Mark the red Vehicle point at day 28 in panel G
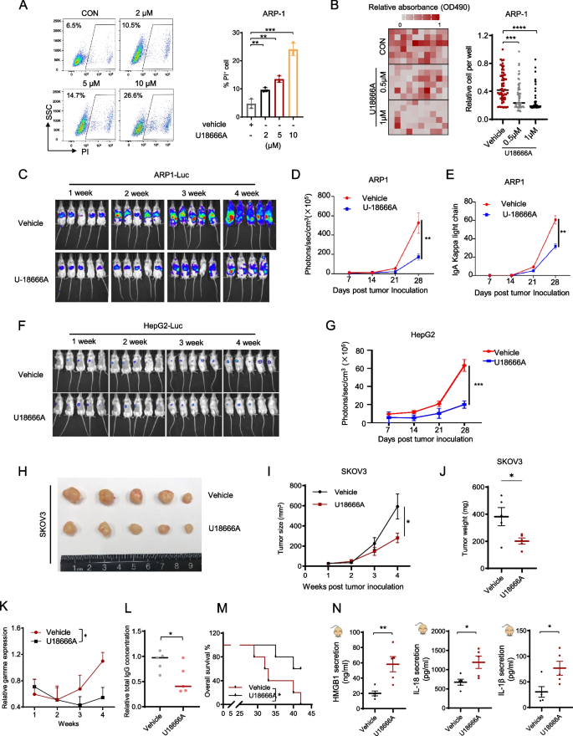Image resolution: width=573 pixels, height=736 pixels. [463, 365]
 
